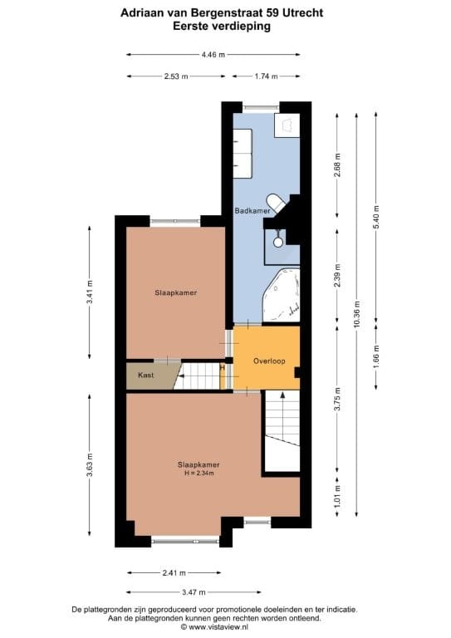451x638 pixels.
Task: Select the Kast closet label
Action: pos(145,375)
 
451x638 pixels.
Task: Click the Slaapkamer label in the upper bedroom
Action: pos(175,292)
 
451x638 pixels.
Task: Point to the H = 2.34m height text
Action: pos(199,473)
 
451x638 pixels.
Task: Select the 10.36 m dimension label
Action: pos(357,314)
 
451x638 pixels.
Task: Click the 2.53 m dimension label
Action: pos(176,76)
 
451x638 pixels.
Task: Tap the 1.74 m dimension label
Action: pos(267,76)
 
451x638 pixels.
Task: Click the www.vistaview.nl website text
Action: pos(225,628)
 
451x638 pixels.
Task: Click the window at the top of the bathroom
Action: pos(261,106)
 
